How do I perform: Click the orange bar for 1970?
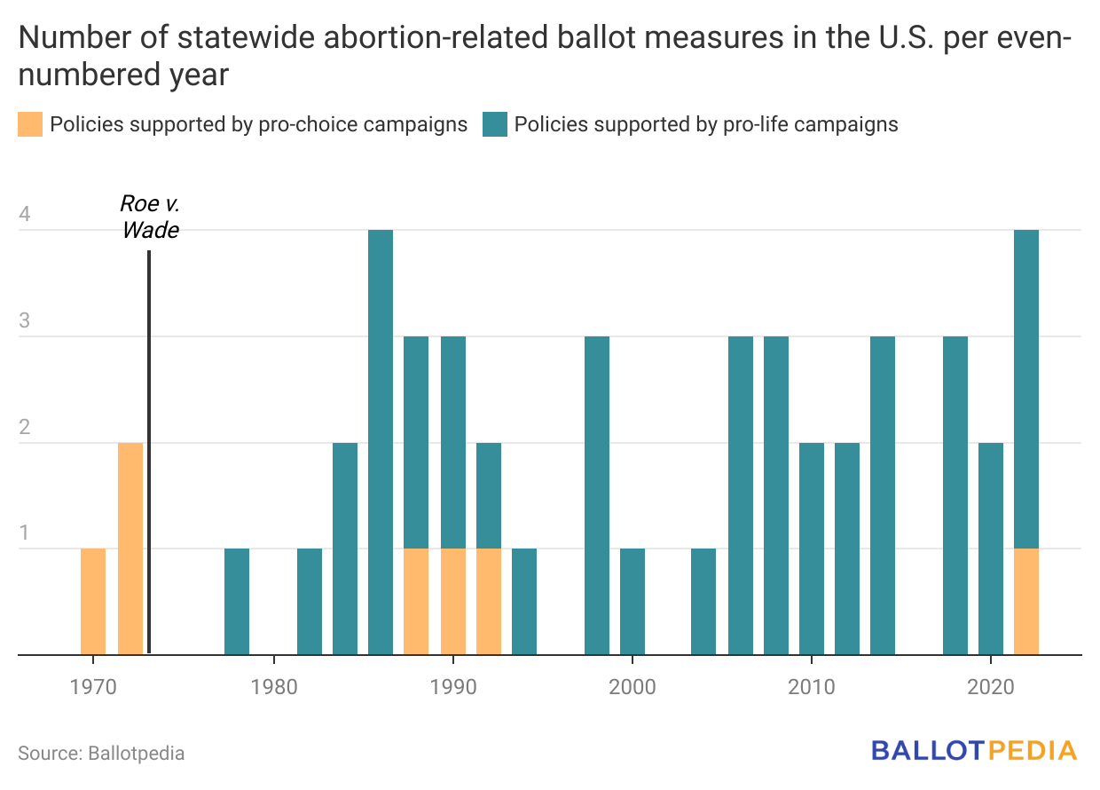(93, 602)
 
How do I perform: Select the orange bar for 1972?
(130, 549)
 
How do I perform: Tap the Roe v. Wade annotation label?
(150, 217)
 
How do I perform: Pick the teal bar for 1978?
(237, 602)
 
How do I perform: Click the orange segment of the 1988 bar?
(416, 602)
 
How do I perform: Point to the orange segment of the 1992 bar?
(489, 602)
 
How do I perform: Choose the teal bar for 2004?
(703, 602)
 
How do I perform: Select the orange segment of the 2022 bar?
(1026, 602)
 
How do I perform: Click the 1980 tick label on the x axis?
(274, 687)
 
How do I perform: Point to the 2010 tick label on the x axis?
(811, 687)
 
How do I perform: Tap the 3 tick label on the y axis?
(25, 320)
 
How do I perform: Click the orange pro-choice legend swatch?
(30, 124)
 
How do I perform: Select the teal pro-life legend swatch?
(495, 124)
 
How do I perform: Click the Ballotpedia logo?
(974, 751)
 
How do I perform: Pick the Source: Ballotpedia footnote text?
(101, 754)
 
